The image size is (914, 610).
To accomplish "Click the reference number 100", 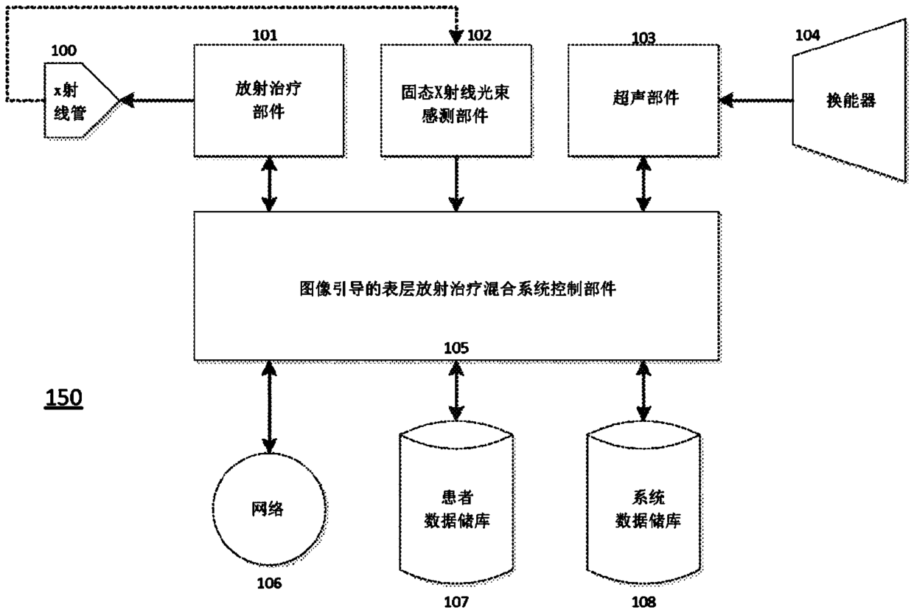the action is pos(63,51).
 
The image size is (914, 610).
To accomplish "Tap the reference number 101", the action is pos(265,35).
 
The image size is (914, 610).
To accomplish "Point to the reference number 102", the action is pos(479,35).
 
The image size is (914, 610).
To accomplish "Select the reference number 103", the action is pos(643,38).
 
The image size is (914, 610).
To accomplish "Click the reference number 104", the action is pos(808,35).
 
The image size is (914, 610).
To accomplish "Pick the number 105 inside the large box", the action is pos(456,348).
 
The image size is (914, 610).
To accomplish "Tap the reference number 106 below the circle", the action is pos(269,583).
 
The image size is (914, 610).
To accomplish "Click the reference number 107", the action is pos(456,601).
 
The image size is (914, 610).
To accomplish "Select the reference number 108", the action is pos(643,601).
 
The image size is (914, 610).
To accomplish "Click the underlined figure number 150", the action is pos(63,398).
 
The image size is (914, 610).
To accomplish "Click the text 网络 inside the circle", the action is pos(268,509).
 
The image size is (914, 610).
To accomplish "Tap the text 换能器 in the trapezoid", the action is pos(851,100).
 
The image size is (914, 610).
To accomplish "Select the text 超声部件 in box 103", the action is pos(646,97).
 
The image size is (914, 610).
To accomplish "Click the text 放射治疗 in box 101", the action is pos(268,89).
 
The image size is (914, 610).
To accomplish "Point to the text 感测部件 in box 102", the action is pos(455,116).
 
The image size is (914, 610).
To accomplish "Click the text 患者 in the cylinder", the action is pos(457,497).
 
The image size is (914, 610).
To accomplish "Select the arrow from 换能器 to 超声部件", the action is pos(756,100).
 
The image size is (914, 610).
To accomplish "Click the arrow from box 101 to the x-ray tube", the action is pos(157,100).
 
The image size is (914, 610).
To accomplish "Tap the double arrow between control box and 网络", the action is pos(269,407).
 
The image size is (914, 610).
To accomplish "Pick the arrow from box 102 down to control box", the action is pos(456,184).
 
